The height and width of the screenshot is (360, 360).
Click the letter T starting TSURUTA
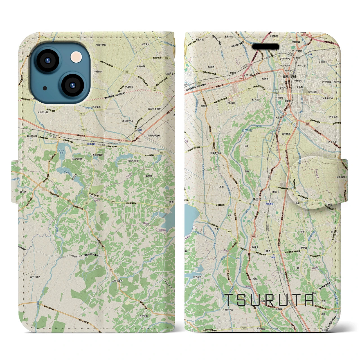(231, 300)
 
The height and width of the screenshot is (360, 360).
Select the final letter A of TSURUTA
(308, 300)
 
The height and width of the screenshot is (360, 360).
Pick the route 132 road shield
(86, 203)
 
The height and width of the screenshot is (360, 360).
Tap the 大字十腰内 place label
(35, 277)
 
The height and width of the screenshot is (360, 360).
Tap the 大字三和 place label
(197, 276)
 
